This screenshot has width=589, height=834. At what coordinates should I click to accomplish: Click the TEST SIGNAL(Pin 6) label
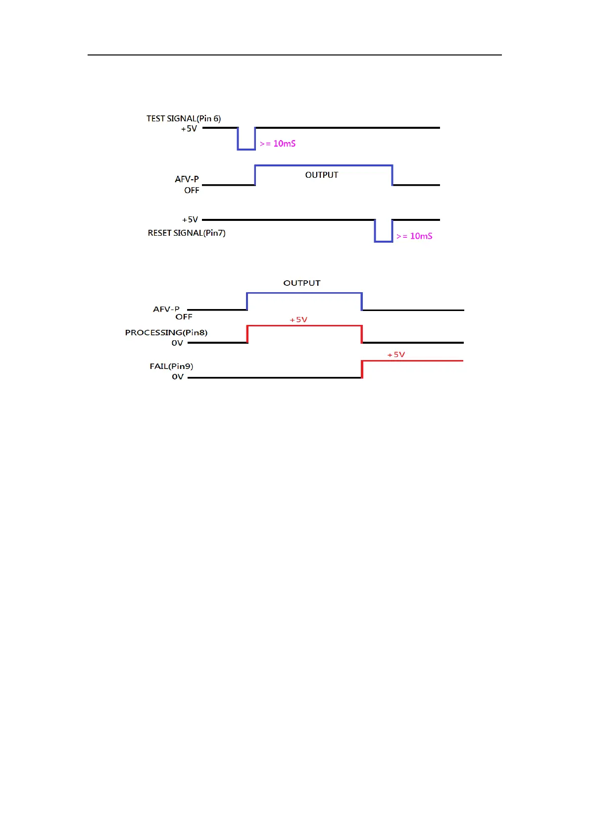tap(183, 118)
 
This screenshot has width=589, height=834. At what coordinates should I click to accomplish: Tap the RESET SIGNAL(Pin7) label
tap(187, 233)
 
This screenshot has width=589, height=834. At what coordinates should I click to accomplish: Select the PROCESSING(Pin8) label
tap(166, 332)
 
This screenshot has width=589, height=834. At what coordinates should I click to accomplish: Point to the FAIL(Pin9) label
tap(171, 366)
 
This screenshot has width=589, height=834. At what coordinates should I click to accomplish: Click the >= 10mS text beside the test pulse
tap(278, 144)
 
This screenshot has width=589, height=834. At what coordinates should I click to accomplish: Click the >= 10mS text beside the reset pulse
tap(414, 236)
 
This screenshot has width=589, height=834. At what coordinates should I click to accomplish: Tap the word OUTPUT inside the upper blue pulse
tap(322, 175)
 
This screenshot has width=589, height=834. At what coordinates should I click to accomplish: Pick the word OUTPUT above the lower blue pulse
tap(302, 283)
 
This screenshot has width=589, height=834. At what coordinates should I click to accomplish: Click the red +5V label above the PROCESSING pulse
tap(298, 320)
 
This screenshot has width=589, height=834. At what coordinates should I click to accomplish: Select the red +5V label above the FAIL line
tap(396, 355)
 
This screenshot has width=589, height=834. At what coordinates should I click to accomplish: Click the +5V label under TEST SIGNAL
tap(189, 129)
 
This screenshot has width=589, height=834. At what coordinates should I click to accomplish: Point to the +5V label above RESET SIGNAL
tap(190, 219)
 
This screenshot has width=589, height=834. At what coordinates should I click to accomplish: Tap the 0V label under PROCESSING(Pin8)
tap(177, 343)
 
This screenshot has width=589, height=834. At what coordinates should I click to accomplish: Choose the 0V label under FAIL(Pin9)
tap(178, 377)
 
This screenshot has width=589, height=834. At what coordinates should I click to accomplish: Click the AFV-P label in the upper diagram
tap(187, 179)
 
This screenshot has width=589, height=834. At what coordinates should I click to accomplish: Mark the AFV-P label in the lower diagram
tap(166, 309)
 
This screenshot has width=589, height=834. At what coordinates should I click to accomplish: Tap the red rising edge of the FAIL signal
tap(362, 369)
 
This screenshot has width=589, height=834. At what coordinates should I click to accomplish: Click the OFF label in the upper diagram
tap(192, 190)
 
